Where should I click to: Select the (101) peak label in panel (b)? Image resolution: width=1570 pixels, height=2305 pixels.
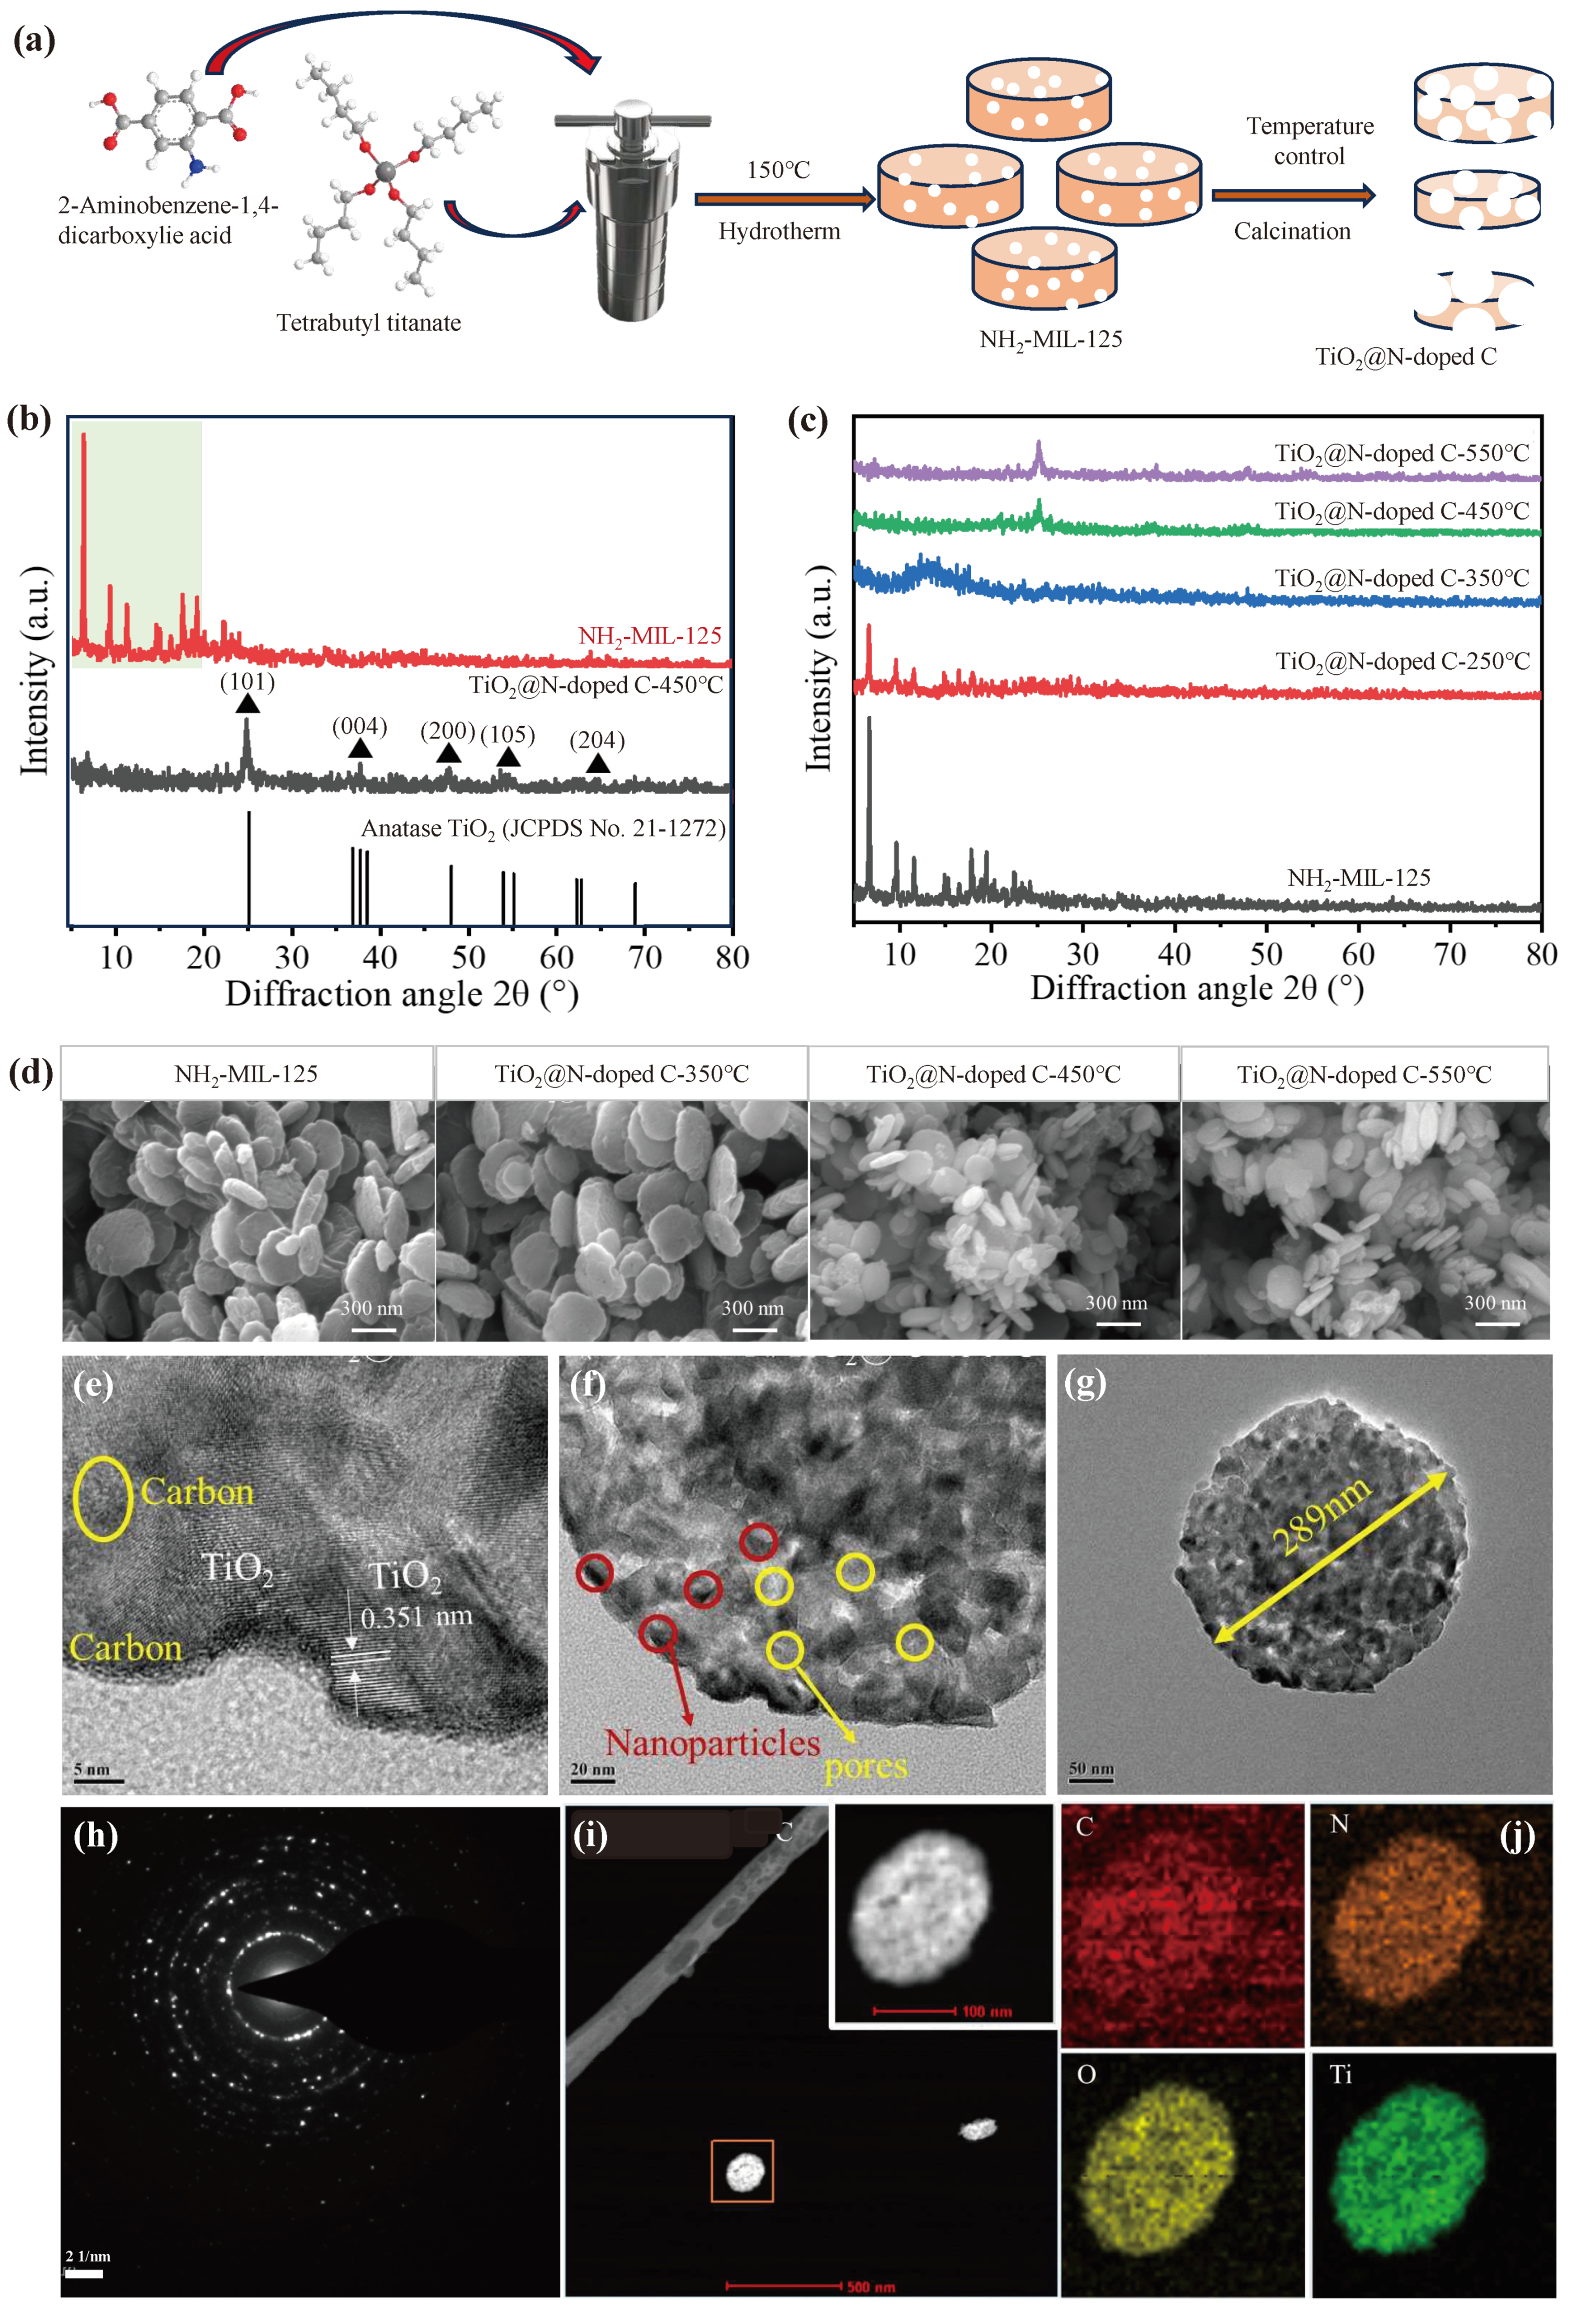pos(247,681)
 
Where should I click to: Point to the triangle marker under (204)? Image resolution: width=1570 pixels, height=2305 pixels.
pos(597,763)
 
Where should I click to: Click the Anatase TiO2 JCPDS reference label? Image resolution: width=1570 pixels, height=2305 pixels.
pos(543,828)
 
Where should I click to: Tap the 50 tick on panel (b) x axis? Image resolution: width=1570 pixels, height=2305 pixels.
pos(468,957)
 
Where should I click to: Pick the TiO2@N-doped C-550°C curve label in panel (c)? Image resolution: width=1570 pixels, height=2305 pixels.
pos(1402,453)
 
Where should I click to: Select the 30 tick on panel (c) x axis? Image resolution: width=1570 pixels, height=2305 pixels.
pos(1082,954)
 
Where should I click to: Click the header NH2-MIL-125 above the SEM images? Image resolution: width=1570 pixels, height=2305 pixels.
pos(246,1074)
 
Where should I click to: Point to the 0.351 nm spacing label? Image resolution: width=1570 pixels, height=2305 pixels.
pos(415,1618)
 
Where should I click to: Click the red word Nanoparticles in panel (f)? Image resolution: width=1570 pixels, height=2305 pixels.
pos(712,1743)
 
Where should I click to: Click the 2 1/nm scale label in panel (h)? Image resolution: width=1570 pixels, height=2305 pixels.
pos(88,2256)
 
